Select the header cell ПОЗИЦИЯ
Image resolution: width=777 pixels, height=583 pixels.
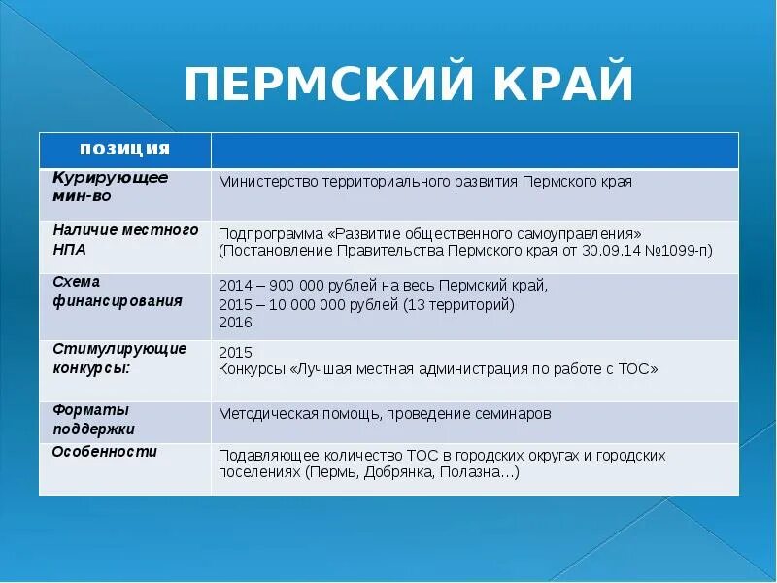[x=124, y=149]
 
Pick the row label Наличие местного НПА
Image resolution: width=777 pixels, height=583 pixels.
[x=124, y=238]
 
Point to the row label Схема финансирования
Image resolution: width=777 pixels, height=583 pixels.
[x=117, y=291]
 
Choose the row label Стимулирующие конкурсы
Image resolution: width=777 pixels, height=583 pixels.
[x=119, y=358]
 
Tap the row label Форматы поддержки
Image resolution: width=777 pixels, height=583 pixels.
[x=93, y=419]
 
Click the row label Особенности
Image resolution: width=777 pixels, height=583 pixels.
[x=104, y=452]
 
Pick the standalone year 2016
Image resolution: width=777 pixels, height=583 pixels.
[x=236, y=323]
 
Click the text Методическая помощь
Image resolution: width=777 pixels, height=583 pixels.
[x=297, y=413]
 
